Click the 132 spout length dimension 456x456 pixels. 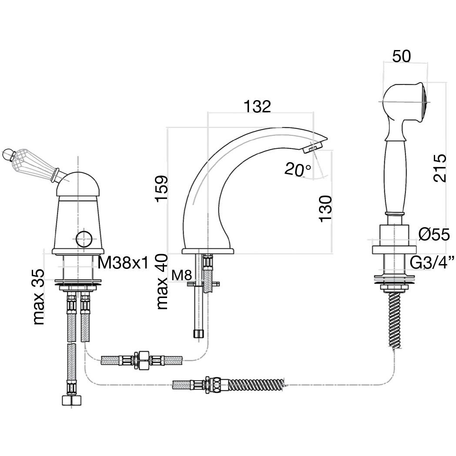pos(258,106)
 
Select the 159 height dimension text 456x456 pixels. pos(161,188)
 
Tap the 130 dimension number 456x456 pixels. pos(325,209)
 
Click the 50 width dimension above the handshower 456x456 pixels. pos(402,56)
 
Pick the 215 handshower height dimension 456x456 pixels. pos(440,168)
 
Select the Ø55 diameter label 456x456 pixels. pos(434,234)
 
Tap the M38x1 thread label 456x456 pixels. pos(123,263)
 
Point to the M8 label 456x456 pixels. pos(181,275)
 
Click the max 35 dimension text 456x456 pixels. pos(39,297)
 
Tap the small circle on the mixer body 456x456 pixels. pos(84,239)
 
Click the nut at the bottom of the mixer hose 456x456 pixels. pos(71,401)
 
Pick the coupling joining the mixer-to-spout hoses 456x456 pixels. pos(141,360)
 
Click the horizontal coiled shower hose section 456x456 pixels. pos(256,385)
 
